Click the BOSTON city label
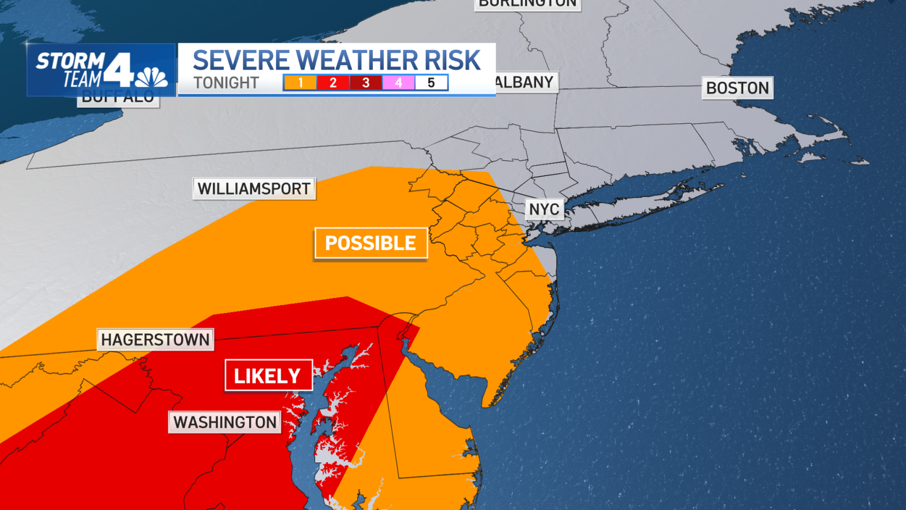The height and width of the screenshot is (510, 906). pyautogui.click(x=737, y=88)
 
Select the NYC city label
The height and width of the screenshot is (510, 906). pyautogui.click(x=544, y=209)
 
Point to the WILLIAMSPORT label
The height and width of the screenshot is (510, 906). pyautogui.click(x=254, y=189)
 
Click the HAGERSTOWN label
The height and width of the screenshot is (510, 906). pyautogui.click(x=155, y=340)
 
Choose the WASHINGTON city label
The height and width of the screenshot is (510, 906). pyautogui.click(x=225, y=423)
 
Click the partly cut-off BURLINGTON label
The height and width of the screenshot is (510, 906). pyautogui.click(x=527, y=4)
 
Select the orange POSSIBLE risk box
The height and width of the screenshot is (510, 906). pyautogui.click(x=370, y=243)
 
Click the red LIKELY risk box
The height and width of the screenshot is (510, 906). pyautogui.click(x=268, y=376)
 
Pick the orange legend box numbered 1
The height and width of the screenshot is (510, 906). pyautogui.click(x=300, y=83)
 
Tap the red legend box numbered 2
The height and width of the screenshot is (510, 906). pyautogui.click(x=333, y=83)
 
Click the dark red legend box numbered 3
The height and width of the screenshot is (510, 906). pyautogui.click(x=366, y=83)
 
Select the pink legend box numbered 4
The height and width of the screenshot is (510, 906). pyautogui.click(x=399, y=83)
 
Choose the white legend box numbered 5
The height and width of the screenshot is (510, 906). pyautogui.click(x=431, y=83)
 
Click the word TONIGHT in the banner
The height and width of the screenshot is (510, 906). pyautogui.click(x=226, y=83)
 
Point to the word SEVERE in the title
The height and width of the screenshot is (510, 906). pyautogui.click(x=242, y=60)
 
